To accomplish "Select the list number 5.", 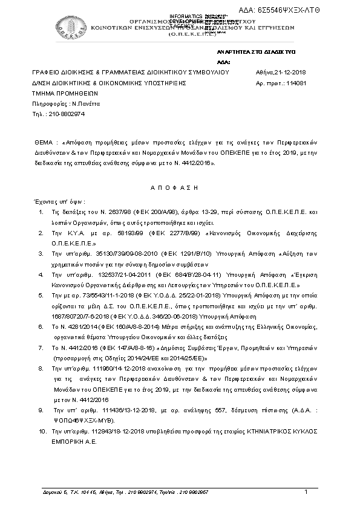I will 40,296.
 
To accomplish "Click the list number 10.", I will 42,432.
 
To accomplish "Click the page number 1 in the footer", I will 306,491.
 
